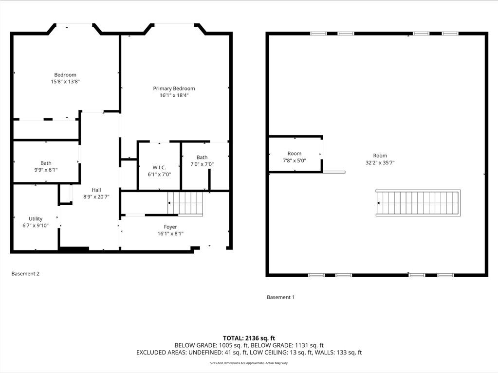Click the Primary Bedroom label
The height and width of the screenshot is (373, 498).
[174, 89]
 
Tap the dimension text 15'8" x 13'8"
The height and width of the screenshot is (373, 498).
[65, 82]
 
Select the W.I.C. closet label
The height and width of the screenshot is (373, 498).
[159, 167]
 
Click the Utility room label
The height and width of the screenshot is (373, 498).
[36, 219]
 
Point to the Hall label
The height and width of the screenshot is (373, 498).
[96, 190]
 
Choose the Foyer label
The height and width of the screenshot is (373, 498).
[170, 227]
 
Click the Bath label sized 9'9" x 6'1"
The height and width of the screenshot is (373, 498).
[46, 163]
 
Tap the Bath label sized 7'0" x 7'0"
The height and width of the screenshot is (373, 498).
[202, 158]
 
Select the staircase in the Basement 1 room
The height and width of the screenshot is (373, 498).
[418, 203]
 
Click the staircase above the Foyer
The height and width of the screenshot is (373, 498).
[185, 203]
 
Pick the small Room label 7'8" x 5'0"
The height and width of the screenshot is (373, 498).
[295, 154]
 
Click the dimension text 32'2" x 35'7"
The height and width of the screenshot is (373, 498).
[380, 163]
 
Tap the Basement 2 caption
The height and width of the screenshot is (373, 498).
[25, 274]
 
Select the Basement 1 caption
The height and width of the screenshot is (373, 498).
[280, 297]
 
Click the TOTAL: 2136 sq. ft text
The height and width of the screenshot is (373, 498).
[249, 338]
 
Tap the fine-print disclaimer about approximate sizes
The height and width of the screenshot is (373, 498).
[249, 363]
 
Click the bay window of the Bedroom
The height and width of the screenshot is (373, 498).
[74, 25]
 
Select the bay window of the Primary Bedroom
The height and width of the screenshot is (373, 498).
[174, 25]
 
